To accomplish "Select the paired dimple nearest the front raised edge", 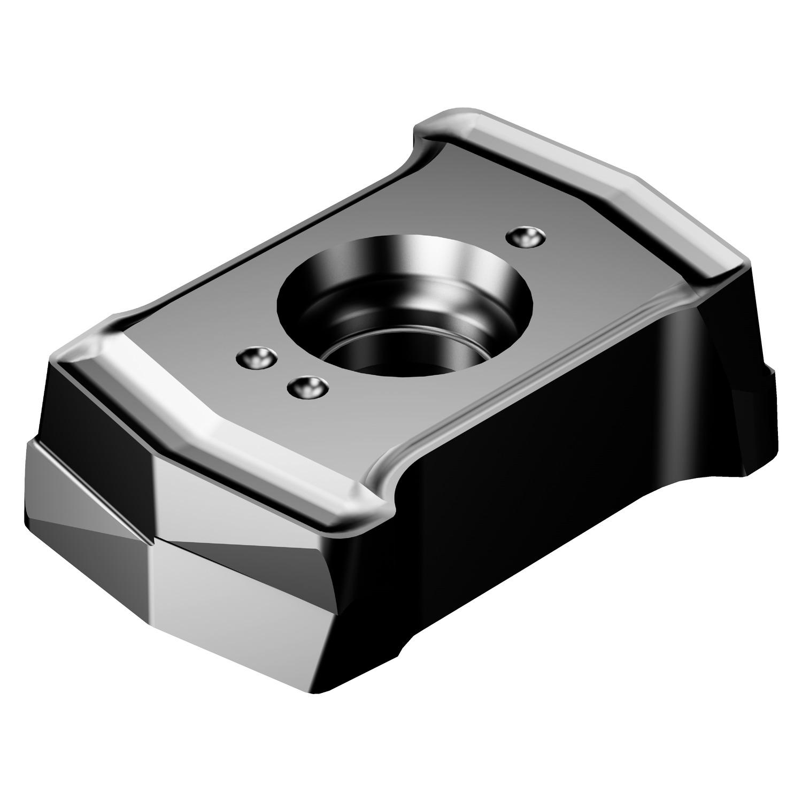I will [256, 358].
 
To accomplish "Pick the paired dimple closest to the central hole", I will [306, 387].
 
